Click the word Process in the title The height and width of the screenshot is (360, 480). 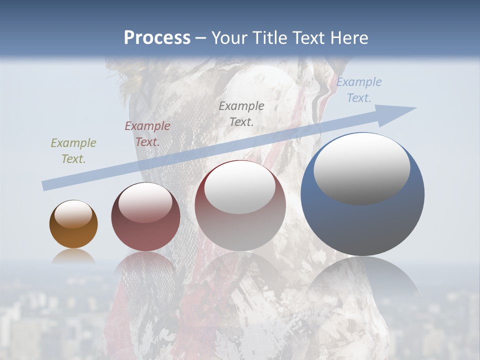[157, 38]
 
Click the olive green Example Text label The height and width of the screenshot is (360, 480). [73, 151]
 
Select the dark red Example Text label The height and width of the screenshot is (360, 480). [147, 134]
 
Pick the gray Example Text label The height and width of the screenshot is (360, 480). [241, 113]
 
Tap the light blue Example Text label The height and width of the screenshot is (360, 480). [358, 90]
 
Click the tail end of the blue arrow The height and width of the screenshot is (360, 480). [46, 185]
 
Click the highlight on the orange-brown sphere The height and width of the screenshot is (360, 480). [73, 214]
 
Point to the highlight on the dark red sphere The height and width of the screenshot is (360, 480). [145, 202]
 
